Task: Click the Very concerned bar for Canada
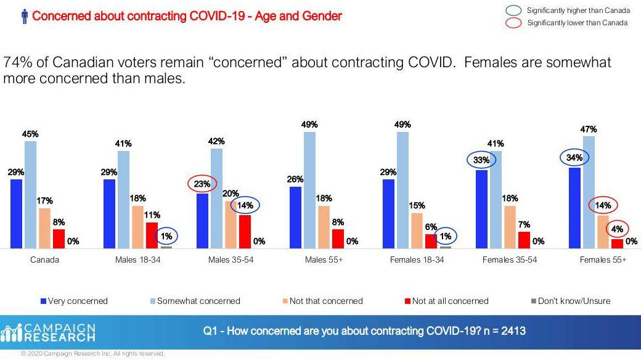[x=16, y=213]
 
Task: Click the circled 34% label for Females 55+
[x=575, y=157]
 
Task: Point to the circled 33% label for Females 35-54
[x=482, y=160]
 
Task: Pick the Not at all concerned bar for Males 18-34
[x=152, y=235]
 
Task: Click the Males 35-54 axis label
[x=231, y=260]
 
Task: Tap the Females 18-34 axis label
[x=417, y=260]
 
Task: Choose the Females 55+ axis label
[x=603, y=260]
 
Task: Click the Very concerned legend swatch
[x=43, y=301]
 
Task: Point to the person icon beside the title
[x=25, y=17]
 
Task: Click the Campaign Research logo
[x=49, y=332]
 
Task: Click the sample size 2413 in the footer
[x=512, y=332]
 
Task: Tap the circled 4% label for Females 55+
[x=617, y=229]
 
